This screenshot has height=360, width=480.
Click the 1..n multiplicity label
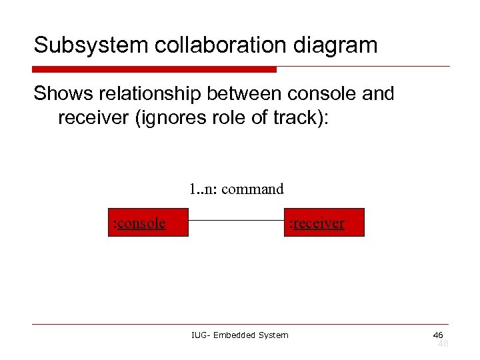[202, 189]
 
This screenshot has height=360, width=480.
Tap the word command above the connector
[252, 189]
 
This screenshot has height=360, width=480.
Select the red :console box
[148, 222]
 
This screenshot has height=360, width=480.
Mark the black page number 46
[438, 334]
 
